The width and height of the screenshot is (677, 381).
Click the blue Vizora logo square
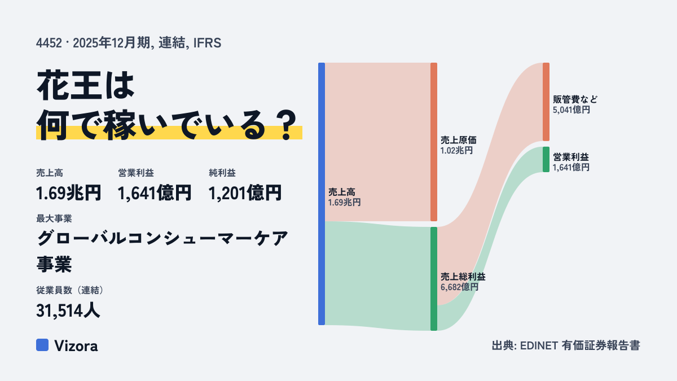pyautogui.click(x=42, y=345)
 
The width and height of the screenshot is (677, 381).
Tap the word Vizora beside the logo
pyautogui.click(x=76, y=346)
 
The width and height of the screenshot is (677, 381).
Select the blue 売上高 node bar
pyautogui.click(x=322, y=194)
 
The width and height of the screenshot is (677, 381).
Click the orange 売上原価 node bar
pyautogui.click(x=434, y=142)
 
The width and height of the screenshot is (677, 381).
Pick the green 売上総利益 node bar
pyautogui.click(x=434, y=279)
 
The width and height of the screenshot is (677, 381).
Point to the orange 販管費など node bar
pyautogui.click(x=546, y=102)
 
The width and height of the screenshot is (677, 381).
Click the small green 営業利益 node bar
pyautogui.click(x=546, y=159)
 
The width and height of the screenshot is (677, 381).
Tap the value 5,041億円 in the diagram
pyautogui.click(x=571, y=110)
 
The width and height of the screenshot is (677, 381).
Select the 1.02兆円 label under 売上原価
pyautogui.click(x=456, y=151)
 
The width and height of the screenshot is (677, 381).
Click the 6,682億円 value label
pyautogui.click(x=459, y=287)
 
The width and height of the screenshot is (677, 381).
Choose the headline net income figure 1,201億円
pyautogui.click(x=245, y=193)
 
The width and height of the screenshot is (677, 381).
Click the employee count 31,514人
pyautogui.click(x=68, y=310)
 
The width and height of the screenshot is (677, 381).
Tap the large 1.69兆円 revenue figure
pyautogui.click(x=69, y=193)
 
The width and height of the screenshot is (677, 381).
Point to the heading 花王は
pyautogui.click(x=86, y=85)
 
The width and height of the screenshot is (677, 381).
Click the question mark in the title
pyautogui.click(x=287, y=125)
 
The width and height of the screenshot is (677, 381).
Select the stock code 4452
pyautogui.click(x=49, y=43)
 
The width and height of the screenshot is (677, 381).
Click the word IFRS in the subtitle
pyautogui.click(x=208, y=43)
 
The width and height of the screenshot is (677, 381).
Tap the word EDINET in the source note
pyautogui.click(x=539, y=345)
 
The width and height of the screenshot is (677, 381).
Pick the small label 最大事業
pyautogui.click(x=54, y=218)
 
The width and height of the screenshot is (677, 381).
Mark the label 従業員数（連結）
pyautogui.click(x=70, y=290)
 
